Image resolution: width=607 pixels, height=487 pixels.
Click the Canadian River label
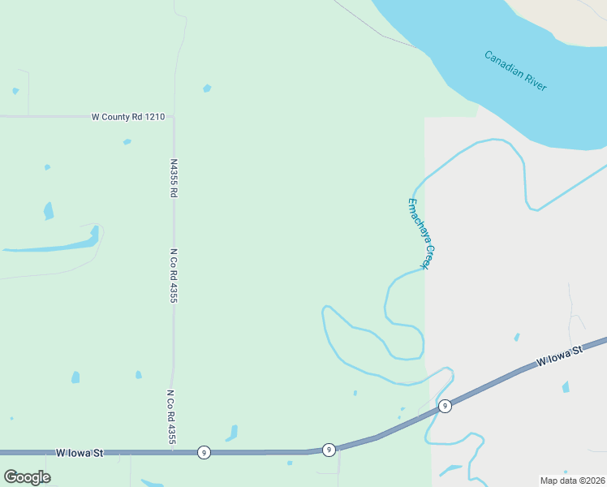pyautogui.click(x=515, y=71)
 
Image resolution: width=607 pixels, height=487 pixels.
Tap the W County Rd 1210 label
pyautogui.click(x=128, y=117)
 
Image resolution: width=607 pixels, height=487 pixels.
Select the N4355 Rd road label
pyautogui.click(x=174, y=178)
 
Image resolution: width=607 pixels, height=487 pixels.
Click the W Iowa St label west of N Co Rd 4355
pyautogui.click(x=80, y=452)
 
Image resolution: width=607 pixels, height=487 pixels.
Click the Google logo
pyautogui.click(x=27, y=477)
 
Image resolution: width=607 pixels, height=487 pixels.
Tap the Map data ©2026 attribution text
pyautogui.click(x=573, y=481)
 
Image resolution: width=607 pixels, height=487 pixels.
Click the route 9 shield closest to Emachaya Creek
pyautogui.click(x=444, y=405)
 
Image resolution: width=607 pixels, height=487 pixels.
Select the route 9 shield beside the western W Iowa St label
pyautogui.click(x=204, y=452)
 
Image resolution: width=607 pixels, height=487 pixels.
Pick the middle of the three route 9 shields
pyautogui.click(x=329, y=449)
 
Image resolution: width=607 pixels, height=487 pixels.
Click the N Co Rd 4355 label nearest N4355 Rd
pyautogui.click(x=174, y=276)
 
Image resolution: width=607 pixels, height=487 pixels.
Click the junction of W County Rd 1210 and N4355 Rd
pyautogui.click(x=173, y=117)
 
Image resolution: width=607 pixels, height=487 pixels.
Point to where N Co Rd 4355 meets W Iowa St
pyautogui.click(x=169, y=452)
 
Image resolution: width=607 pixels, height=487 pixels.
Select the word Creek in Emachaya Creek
pyautogui.click(x=427, y=256)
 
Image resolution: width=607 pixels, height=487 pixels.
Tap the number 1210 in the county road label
pyautogui.click(x=155, y=117)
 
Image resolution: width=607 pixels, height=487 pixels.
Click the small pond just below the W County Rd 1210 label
pyautogui.click(x=127, y=142)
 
